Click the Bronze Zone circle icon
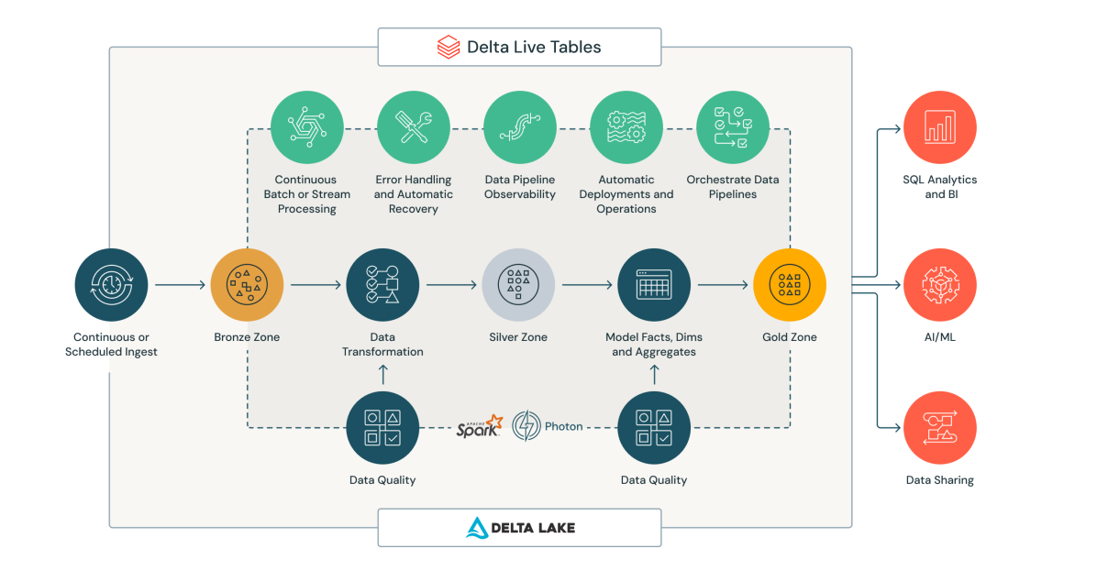click(x=247, y=285)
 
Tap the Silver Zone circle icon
click(x=518, y=285)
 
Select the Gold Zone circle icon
click(x=790, y=285)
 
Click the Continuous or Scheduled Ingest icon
click(x=111, y=285)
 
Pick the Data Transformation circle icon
click(x=382, y=285)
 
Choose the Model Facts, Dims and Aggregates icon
click(x=654, y=285)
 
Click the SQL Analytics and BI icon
click(x=940, y=127)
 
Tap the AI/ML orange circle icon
click(x=940, y=285)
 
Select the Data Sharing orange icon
click(x=940, y=428)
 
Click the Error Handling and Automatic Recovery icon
click(x=414, y=127)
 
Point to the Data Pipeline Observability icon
click(x=520, y=127)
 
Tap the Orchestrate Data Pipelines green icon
click(x=733, y=127)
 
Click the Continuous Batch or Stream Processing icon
click(x=307, y=127)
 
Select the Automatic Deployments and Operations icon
click(x=626, y=127)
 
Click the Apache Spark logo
click(x=480, y=426)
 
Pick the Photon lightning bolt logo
click(x=526, y=426)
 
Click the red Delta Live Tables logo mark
click(x=449, y=47)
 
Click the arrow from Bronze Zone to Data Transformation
click(x=315, y=285)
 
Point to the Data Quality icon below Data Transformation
click(x=382, y=428)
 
